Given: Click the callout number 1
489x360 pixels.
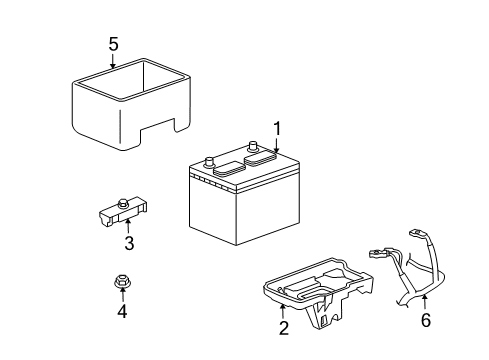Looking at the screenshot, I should (x=276, y=129).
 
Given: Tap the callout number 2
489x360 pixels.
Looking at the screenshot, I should (x=283, y=328).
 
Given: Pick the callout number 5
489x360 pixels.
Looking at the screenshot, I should (x=113, y=45).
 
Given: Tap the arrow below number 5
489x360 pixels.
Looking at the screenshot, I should (x=113, y=62).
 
